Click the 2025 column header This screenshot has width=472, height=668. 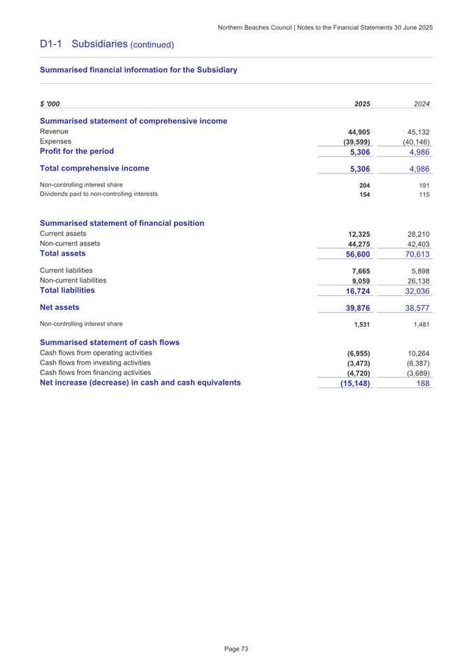(x=362, y=104)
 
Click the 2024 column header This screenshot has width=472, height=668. (x=421, y=104)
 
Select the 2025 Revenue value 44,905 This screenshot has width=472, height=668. (x=359, y=132)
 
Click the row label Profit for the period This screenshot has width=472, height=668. (x=76, y=151)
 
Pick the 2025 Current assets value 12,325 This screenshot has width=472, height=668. (x=359, y=234)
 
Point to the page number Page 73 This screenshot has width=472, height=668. (x=236, y=650)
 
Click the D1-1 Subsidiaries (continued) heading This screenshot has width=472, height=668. (x=106, y=44)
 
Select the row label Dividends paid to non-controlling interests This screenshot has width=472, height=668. (x=99, y=194)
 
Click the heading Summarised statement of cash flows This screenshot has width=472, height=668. (x=110, y=342)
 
